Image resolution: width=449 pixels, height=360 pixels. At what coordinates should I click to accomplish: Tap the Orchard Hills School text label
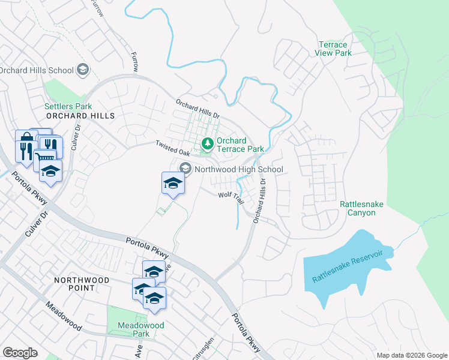pyautogui.click(x=36, y=70)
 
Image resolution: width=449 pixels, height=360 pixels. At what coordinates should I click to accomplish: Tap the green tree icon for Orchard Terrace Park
pyautogui.click(x=208, y=144)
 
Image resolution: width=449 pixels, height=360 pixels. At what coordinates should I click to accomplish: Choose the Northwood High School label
pyautogui.click(x=238, y=169)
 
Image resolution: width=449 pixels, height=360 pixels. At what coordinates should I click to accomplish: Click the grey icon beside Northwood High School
pyautogui.click(x=185, y=169)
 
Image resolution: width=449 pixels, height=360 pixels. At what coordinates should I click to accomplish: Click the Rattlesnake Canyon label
pyautogui.click(x=361, y=208)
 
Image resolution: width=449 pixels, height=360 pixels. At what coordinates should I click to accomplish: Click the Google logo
pyautogui.click(x=20, y=353)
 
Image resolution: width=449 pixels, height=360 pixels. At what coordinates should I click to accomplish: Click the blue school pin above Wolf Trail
pyautogui.click(x=173, y=184)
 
